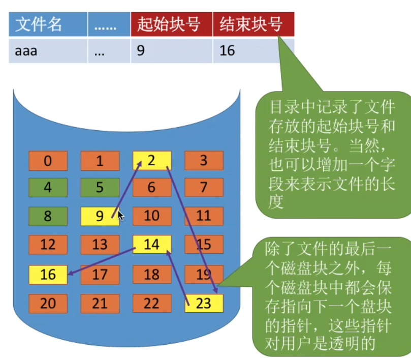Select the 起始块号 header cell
(171, 24)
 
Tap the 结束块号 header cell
(252, 24)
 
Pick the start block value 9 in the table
(171, 51)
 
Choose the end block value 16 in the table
(252, 51)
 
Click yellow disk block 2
(152, 161)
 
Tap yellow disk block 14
(152, 245)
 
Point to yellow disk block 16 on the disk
(48, 275)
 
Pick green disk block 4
(48, 188)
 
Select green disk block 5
(100, 188)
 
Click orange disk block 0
(48, 161)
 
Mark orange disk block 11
(204, 216)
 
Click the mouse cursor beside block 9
(121, 216)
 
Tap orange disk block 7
(204, 188)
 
